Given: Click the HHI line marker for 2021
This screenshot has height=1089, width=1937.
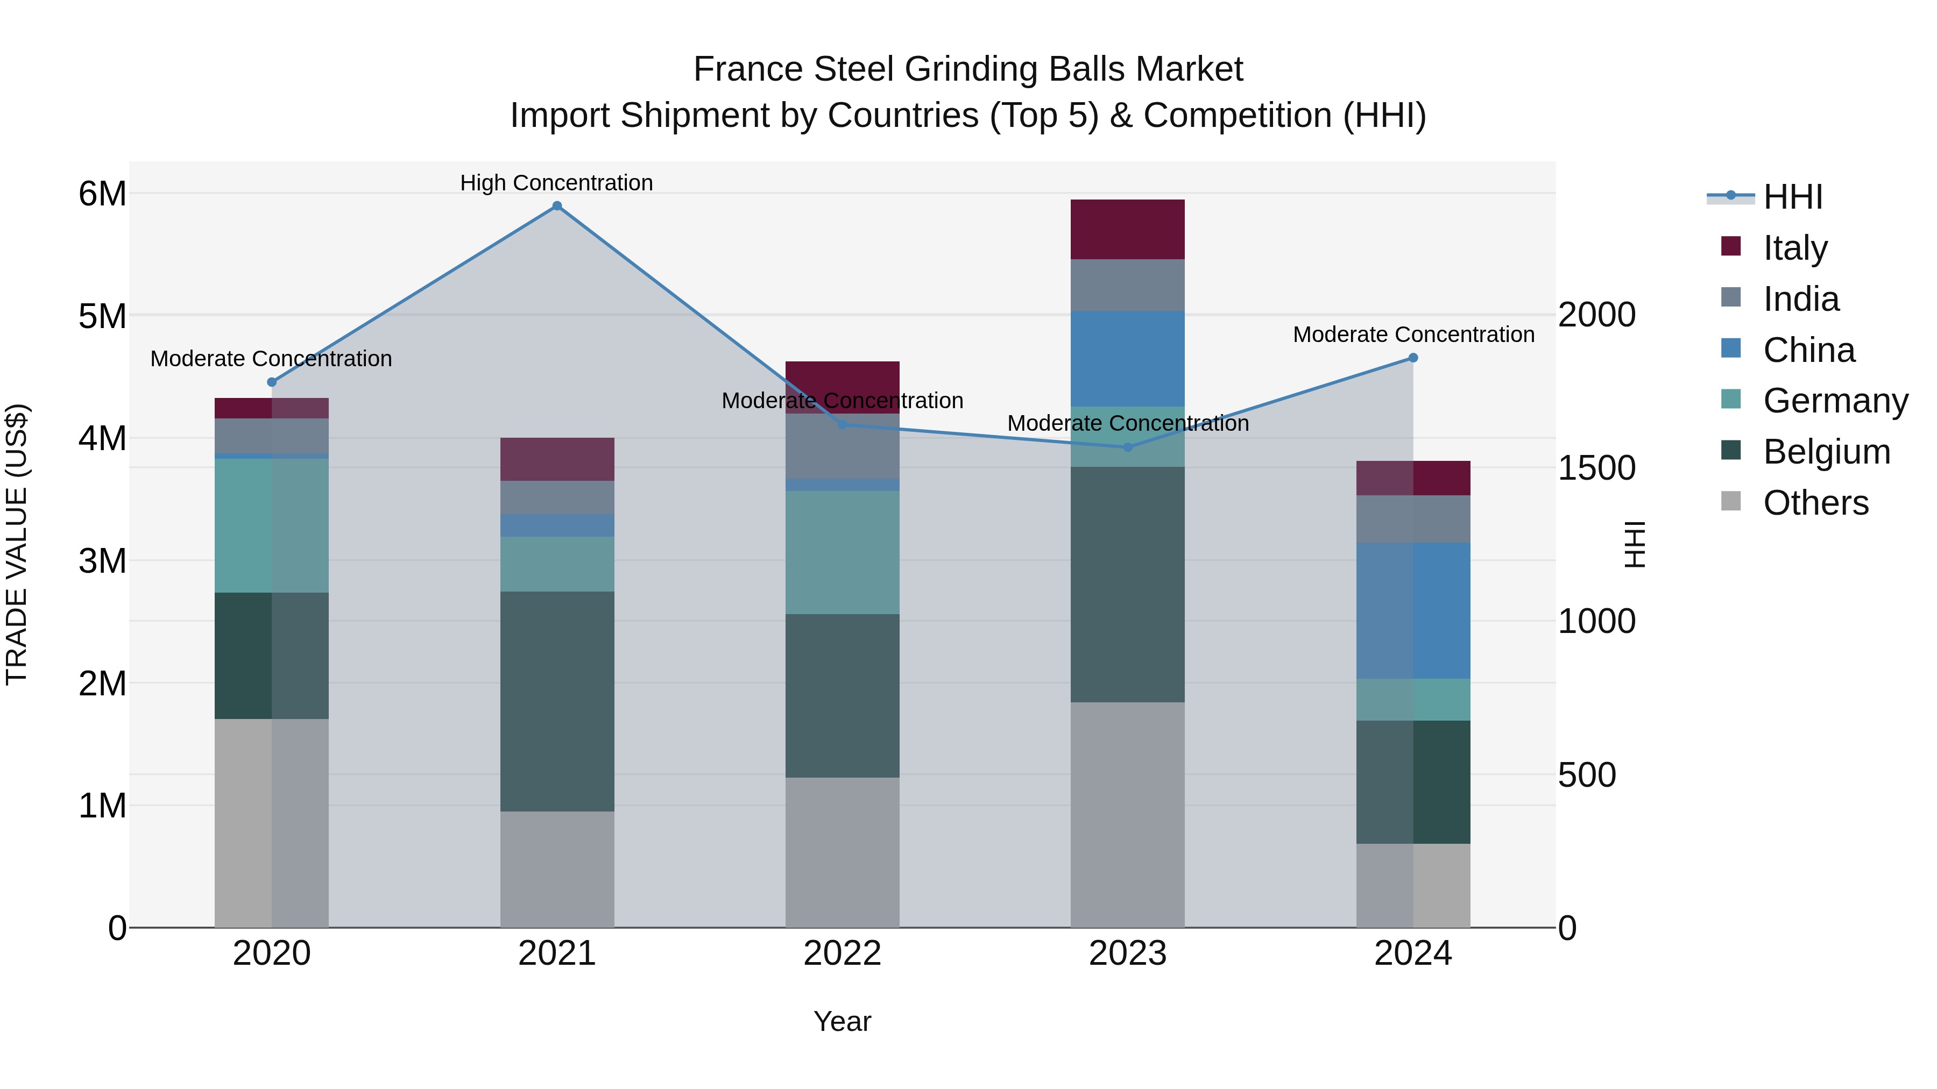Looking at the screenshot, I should click(557, 206).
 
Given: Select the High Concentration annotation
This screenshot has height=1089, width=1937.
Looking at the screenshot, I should click(556, 183).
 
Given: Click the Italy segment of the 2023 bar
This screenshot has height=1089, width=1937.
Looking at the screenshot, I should click(1127, 229).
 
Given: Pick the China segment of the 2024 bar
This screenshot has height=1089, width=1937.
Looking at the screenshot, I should click(1413, 610).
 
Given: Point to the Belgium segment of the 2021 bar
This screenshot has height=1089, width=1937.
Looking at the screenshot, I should click(557, 701).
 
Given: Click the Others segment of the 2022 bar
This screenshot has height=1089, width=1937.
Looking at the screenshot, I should click(842, 852).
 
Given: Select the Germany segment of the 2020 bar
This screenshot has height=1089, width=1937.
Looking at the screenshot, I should click(272, 525).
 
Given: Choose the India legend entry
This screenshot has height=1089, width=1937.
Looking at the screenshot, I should click(1800, 299).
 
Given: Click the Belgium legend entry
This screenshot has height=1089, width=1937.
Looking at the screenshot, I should click(1826, 452).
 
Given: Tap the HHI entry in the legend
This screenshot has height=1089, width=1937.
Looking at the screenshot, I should click(1792, 197).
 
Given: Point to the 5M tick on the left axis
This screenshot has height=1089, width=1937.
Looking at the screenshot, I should click(102, 316).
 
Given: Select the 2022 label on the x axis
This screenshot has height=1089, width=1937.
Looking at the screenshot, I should click(842, 953).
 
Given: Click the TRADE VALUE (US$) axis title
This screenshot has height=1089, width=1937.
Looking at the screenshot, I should click(17, 544).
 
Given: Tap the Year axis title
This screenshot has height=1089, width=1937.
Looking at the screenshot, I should click(842, 1021).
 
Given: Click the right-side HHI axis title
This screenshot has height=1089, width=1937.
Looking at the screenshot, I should click(1635, 544).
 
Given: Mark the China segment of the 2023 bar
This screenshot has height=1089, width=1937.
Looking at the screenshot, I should click(1127, 359).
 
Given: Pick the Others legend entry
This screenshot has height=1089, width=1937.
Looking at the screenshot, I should click(1815, 503).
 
